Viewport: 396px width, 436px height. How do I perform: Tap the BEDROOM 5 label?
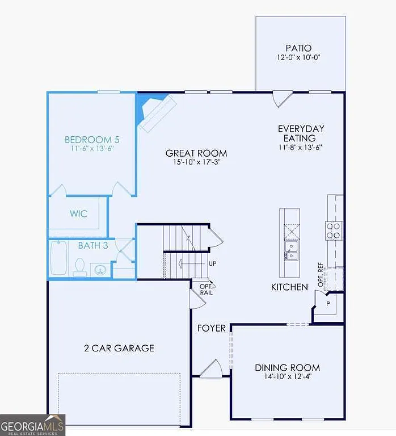point(92,139)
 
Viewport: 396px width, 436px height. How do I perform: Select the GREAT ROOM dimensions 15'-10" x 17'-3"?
point(196,162)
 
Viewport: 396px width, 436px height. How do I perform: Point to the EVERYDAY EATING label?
point(301,133)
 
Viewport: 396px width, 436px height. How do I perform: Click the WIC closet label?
point(78,214)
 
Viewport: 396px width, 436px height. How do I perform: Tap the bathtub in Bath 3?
point(58,258)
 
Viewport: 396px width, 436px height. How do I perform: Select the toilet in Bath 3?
point(80,266)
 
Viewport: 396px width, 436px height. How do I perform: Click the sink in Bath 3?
point(100,270)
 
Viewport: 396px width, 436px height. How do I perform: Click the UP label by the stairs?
point(212,264)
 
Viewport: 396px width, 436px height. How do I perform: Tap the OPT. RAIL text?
point(205,289)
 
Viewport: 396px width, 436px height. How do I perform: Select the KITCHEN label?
point(289,287)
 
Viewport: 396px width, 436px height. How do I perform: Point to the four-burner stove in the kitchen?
point(334,229)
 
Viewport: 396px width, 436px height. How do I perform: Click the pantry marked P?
point(327,305)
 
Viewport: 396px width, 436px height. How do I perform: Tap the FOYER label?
point(212,328)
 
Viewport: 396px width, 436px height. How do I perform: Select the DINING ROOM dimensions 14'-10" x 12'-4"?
point(287,376)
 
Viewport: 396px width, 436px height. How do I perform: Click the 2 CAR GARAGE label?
point(119,348)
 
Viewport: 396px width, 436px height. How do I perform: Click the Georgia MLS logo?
point(32,425)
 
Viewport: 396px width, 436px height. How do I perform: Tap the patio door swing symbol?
point(280,99)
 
